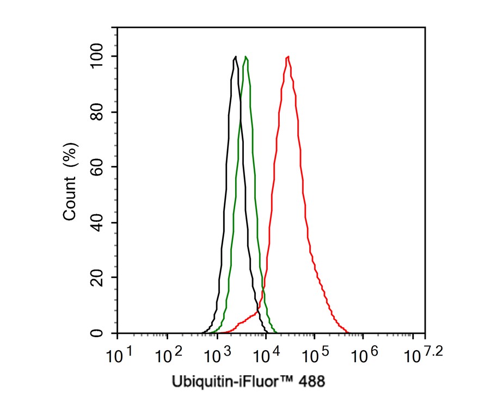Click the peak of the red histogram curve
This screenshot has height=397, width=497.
tap(287, 57)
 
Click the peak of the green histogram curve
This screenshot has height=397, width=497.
tap(246, 57)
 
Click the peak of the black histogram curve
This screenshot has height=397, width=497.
tap(235, 57)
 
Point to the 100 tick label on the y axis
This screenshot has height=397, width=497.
tap(99, 56)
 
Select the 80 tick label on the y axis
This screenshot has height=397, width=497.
tap(99, 111)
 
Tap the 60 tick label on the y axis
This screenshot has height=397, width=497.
tap(99, 167)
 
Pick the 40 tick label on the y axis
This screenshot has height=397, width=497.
tap(99, 222)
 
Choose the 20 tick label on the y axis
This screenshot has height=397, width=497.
tap(99, 277)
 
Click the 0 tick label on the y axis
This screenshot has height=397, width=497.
tap(99, 333)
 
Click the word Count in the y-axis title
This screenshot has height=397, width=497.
tap(70, 201)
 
